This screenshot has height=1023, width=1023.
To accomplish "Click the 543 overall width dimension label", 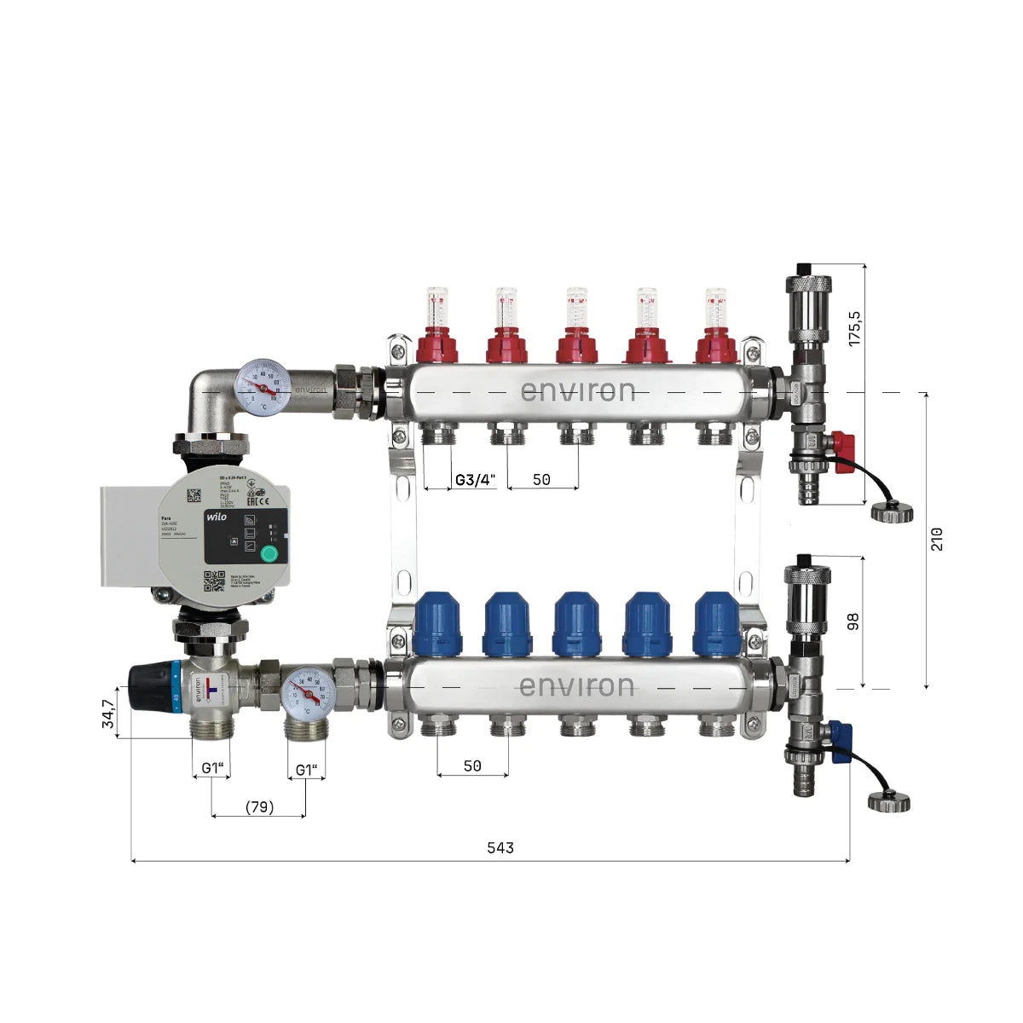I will coord(500,847).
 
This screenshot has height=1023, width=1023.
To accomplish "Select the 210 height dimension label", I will coord(937,539).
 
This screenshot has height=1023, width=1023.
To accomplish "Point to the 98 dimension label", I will coord(853,621).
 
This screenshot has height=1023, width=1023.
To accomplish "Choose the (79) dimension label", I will coord(259,806).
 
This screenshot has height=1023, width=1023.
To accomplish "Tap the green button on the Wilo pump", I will coord(269,554).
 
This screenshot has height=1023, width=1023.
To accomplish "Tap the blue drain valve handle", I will coord(840,734).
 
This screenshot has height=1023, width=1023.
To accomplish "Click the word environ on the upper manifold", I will coord(578,391).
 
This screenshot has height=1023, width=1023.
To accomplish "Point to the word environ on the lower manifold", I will coord(576,686).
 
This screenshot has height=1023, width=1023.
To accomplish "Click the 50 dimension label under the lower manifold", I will coord(472,766).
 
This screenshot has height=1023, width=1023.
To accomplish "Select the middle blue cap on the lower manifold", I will coord(576,625).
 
